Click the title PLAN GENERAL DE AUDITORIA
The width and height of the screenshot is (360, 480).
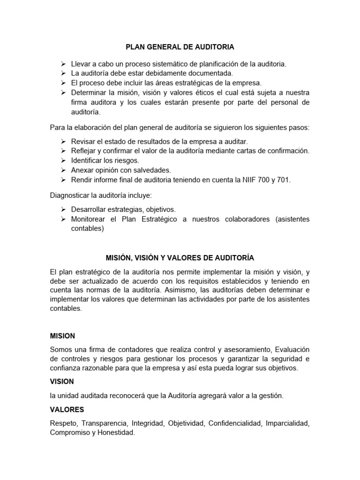tap(180, 47)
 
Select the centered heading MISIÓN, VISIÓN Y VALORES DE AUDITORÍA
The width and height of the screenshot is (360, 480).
tap(180, 258)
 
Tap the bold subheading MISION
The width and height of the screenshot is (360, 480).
tap(62, 336)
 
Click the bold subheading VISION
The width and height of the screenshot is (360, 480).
tap(62, 382)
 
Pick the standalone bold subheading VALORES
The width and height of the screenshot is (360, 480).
tap(67, 410)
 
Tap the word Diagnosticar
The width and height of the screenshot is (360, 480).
tap(72, 195)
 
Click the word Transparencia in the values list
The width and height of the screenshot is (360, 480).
tap(105, 424)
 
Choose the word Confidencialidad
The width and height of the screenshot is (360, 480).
tap(234, 424)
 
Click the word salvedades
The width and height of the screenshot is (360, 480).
tap(152, 170)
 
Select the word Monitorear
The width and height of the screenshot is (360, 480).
tap(90, 219)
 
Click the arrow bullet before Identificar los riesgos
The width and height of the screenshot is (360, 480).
tap(63, 160)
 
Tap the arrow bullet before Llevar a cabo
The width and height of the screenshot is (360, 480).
tap(63, 63)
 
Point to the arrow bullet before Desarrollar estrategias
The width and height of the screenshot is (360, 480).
tap(63, 210)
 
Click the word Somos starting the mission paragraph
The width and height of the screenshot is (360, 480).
tap(61, 350)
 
